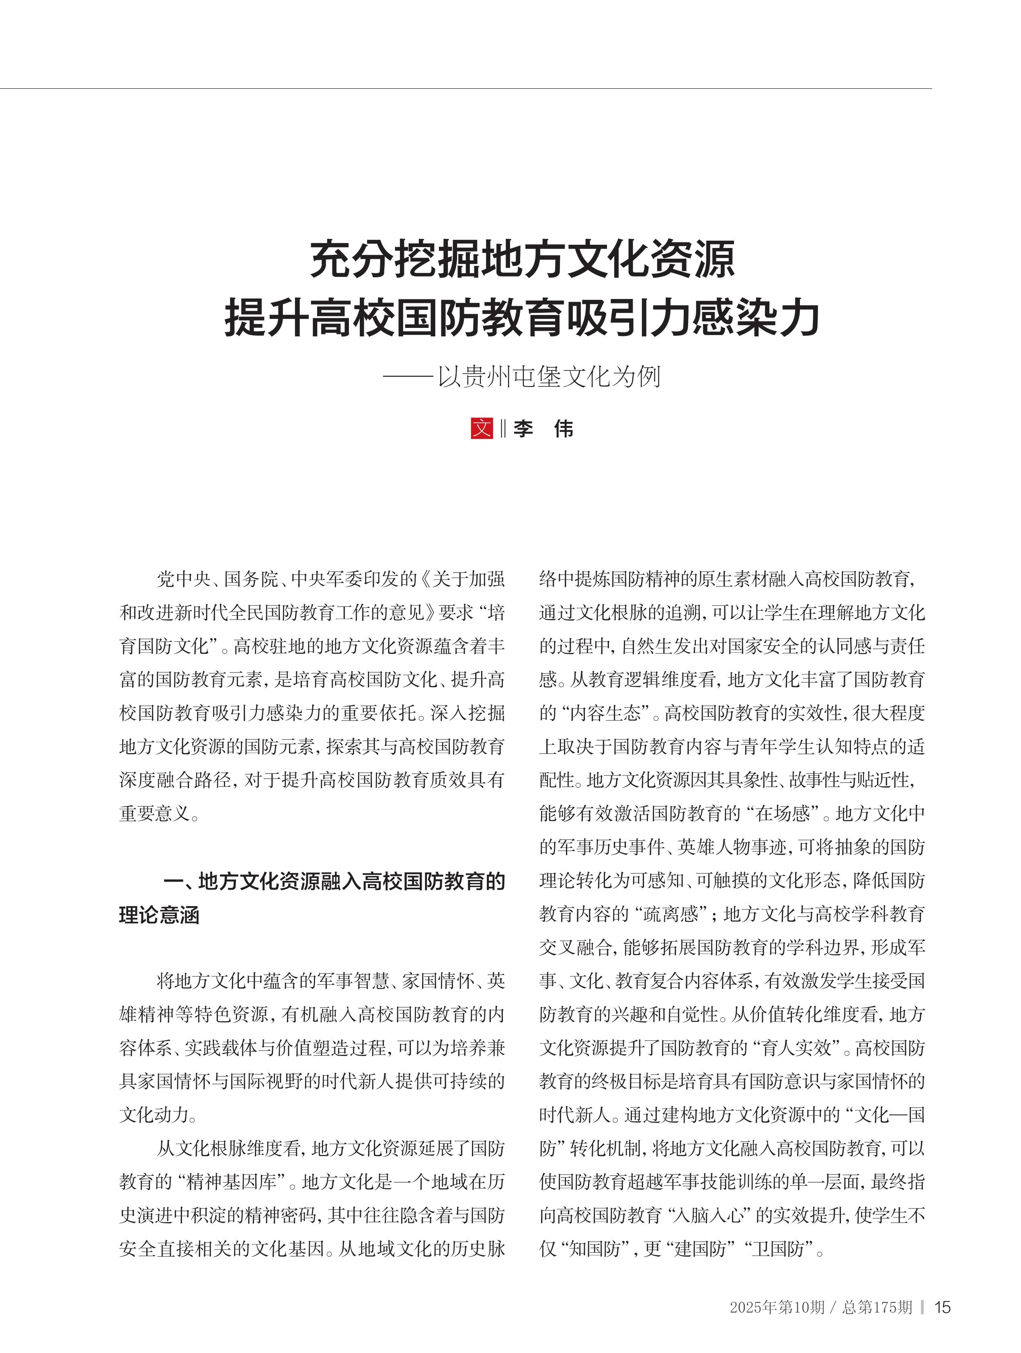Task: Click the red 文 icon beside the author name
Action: click(x=482, y=428)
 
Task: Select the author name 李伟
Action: click(x=543, y=429)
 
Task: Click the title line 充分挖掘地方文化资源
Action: click(x=523, y=259)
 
